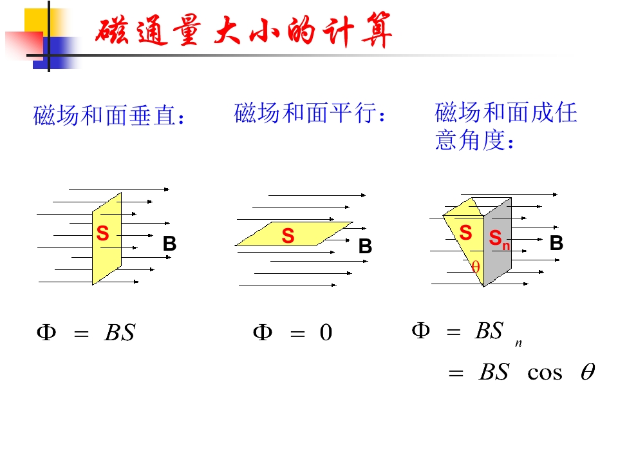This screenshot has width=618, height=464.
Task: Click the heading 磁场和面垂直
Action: [109, 116]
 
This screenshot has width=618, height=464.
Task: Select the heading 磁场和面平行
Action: [312, 114]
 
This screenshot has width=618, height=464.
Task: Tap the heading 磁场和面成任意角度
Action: [506, 126]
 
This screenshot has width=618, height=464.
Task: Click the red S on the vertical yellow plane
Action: [102, 234]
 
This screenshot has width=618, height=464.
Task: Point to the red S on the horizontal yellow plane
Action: [288, 237]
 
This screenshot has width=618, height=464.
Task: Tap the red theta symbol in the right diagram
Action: [476, 266]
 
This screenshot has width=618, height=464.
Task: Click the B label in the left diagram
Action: [169, 244]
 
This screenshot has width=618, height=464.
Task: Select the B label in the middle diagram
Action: [365, 247]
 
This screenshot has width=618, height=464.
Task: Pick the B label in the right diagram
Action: [557, 243]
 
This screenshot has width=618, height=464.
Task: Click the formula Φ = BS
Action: [86, 333]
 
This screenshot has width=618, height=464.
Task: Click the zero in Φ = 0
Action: [326, 333]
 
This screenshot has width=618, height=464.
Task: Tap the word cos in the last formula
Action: [545, 372]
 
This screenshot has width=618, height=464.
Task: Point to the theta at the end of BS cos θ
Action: [587, 372]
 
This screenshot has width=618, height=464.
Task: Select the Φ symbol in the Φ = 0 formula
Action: [262, 333]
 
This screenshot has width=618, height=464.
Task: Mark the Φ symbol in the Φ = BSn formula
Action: [420, 331]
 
